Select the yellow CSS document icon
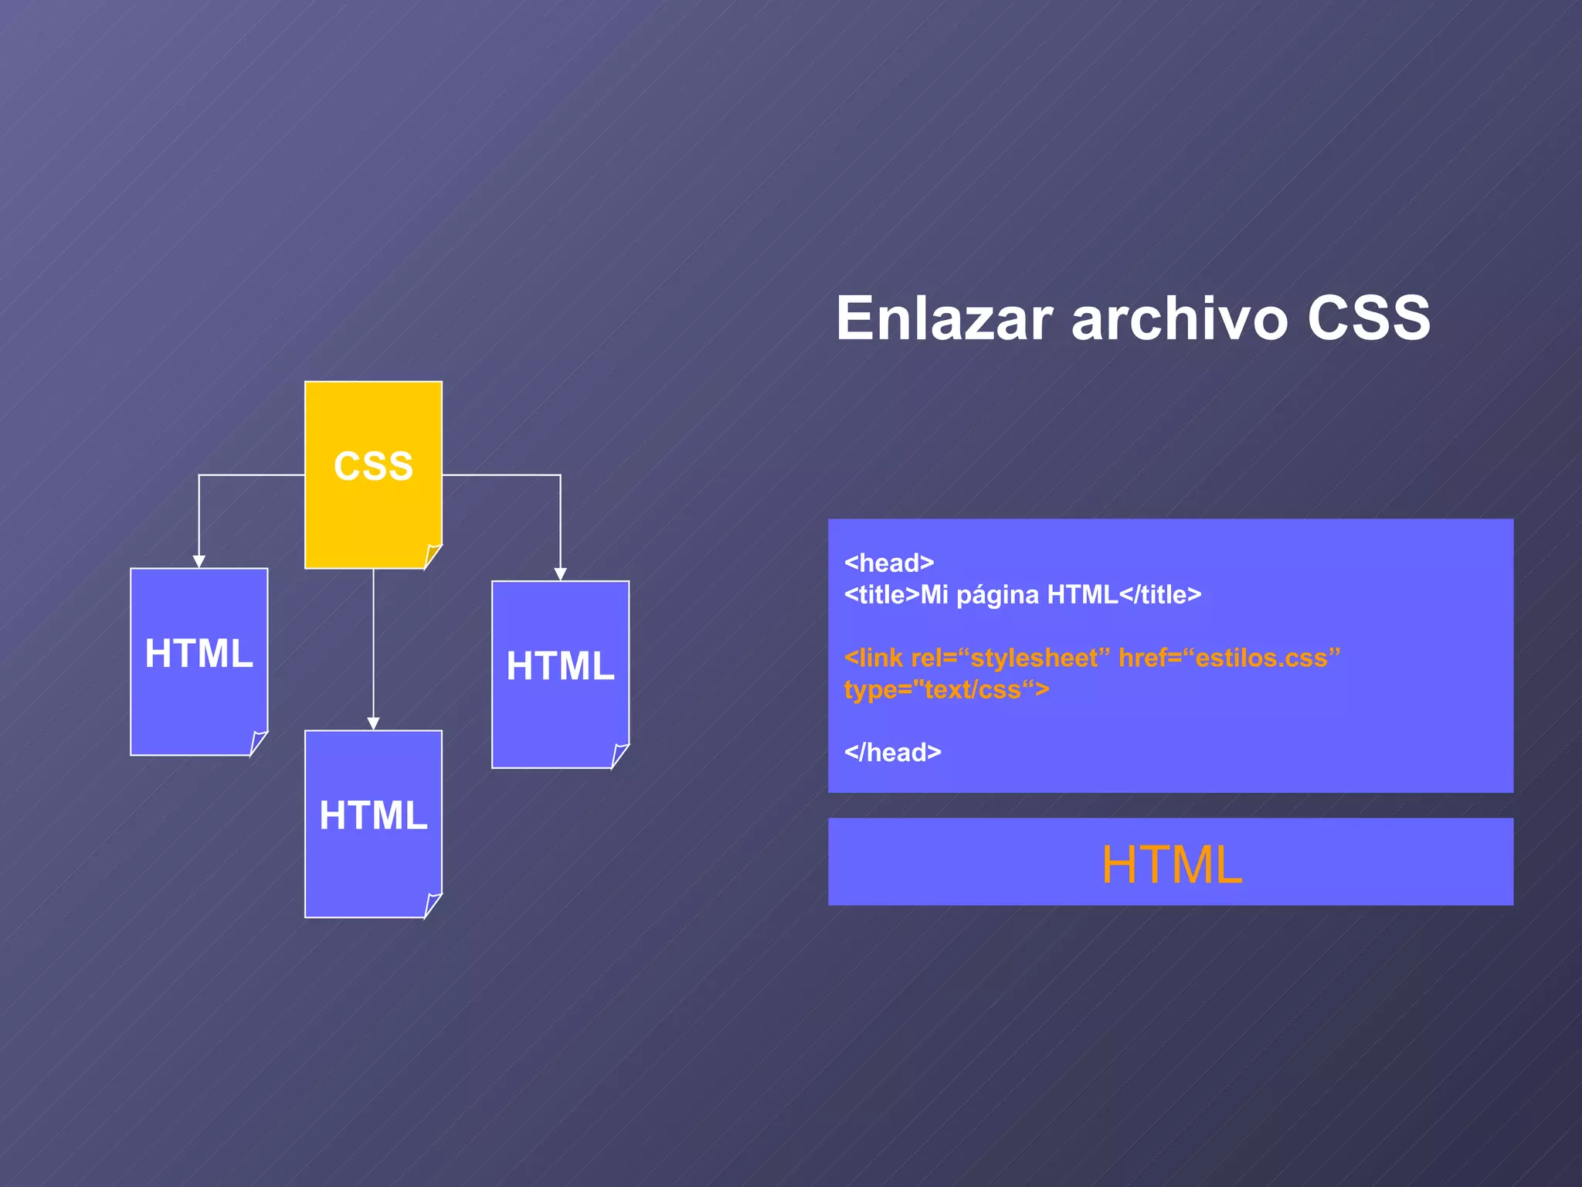(373, 474)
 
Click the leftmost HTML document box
(199, 661)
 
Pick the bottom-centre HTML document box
(373, 823)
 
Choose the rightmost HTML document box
(560, 674)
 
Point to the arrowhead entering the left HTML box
(199, 562)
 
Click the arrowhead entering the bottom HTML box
(373, 724)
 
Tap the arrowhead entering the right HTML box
(560, 574)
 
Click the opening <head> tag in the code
(889, 563)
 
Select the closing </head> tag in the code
(892, 752)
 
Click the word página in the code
(997, 595)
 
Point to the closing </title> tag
(1160, 595)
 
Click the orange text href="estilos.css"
(1229, 658)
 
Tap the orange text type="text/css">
(946, 689)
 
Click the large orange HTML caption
(1171, 864)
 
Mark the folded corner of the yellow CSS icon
(433, 556)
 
